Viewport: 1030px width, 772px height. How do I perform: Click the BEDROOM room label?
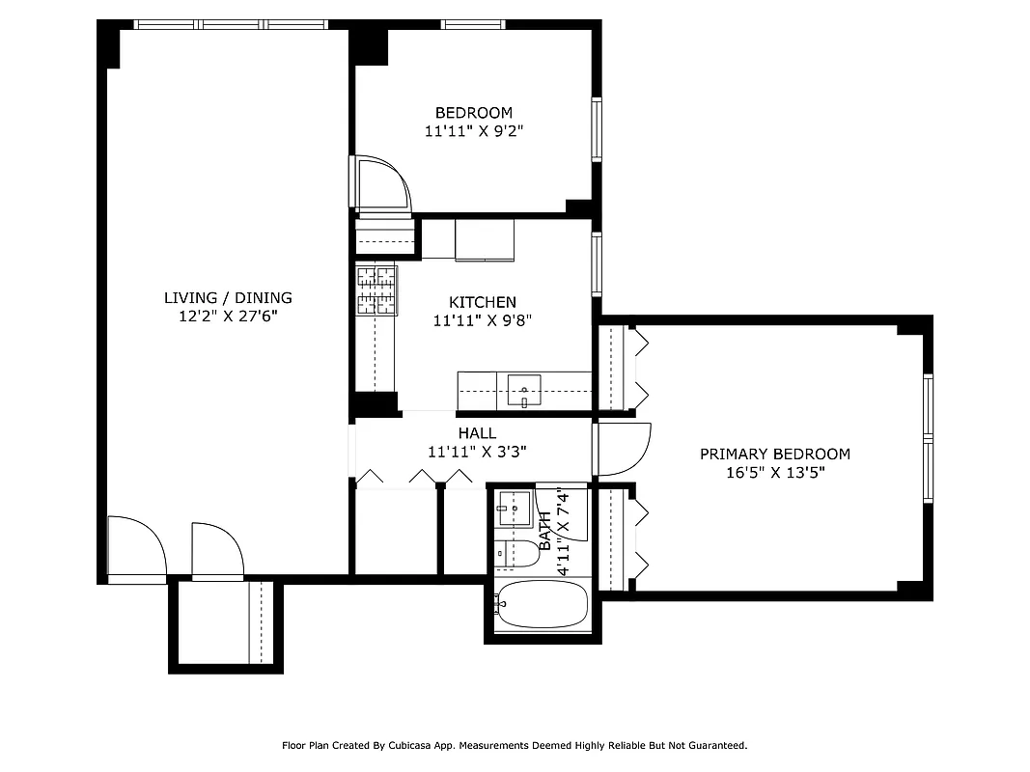coord(473,113)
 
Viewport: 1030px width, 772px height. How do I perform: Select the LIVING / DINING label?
coord(228,298)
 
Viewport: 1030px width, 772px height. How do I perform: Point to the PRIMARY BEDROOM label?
coord(774,454)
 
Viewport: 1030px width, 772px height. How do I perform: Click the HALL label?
coord(477,433)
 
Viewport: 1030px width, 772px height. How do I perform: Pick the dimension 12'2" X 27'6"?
coord(228,316)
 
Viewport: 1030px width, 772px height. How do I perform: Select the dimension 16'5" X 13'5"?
coord(775,472)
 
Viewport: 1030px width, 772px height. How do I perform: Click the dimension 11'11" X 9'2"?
coord(473,131)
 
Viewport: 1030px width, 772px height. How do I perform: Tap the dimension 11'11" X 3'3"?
coord(477,451)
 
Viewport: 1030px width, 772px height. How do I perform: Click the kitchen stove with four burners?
coord(376,290)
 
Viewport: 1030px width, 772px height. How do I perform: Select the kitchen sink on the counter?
coord(524,391)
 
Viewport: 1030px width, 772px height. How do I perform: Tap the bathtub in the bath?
coord(541,605)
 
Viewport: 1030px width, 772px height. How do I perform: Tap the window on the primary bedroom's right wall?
coord(928,439)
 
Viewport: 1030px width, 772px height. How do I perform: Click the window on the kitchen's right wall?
coord(597,264)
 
